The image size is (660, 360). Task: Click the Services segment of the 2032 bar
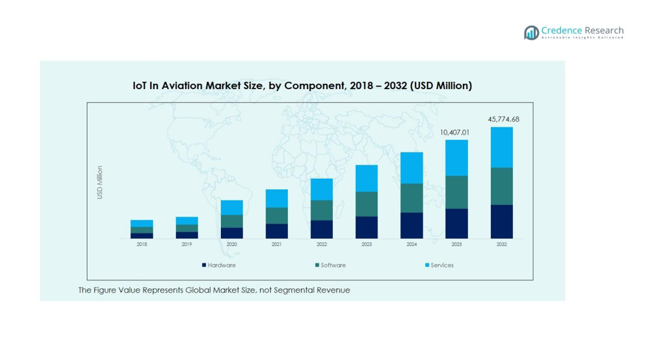[501, 147]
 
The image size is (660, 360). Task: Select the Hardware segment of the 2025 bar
[456, 224]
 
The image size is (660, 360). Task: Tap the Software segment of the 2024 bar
[412, 198]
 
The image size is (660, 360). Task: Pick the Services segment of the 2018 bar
[141, 223]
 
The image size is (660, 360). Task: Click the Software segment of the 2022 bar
[321, 210]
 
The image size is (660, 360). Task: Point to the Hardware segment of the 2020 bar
[232, 233]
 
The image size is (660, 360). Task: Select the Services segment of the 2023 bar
[366, 178]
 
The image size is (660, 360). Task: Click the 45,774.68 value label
[503, 119]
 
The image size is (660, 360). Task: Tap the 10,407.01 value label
[455, 133]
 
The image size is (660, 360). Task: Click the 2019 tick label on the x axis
[186, 245]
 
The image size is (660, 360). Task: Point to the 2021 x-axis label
[277, 245]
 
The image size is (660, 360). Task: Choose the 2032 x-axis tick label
[501, 245]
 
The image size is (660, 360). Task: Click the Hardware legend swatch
[204, 265]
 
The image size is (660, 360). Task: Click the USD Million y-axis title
[100, 183]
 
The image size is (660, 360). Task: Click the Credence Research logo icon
[531, 33]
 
